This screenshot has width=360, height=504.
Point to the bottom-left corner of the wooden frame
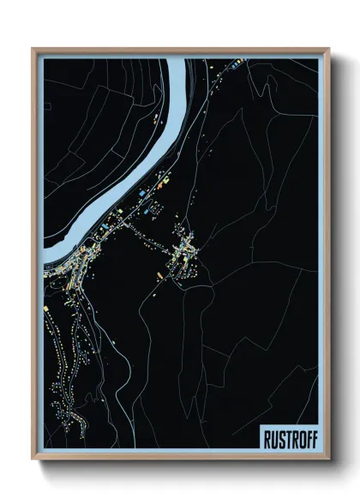(33, 459)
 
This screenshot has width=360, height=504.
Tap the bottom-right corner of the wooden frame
(328, 459)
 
